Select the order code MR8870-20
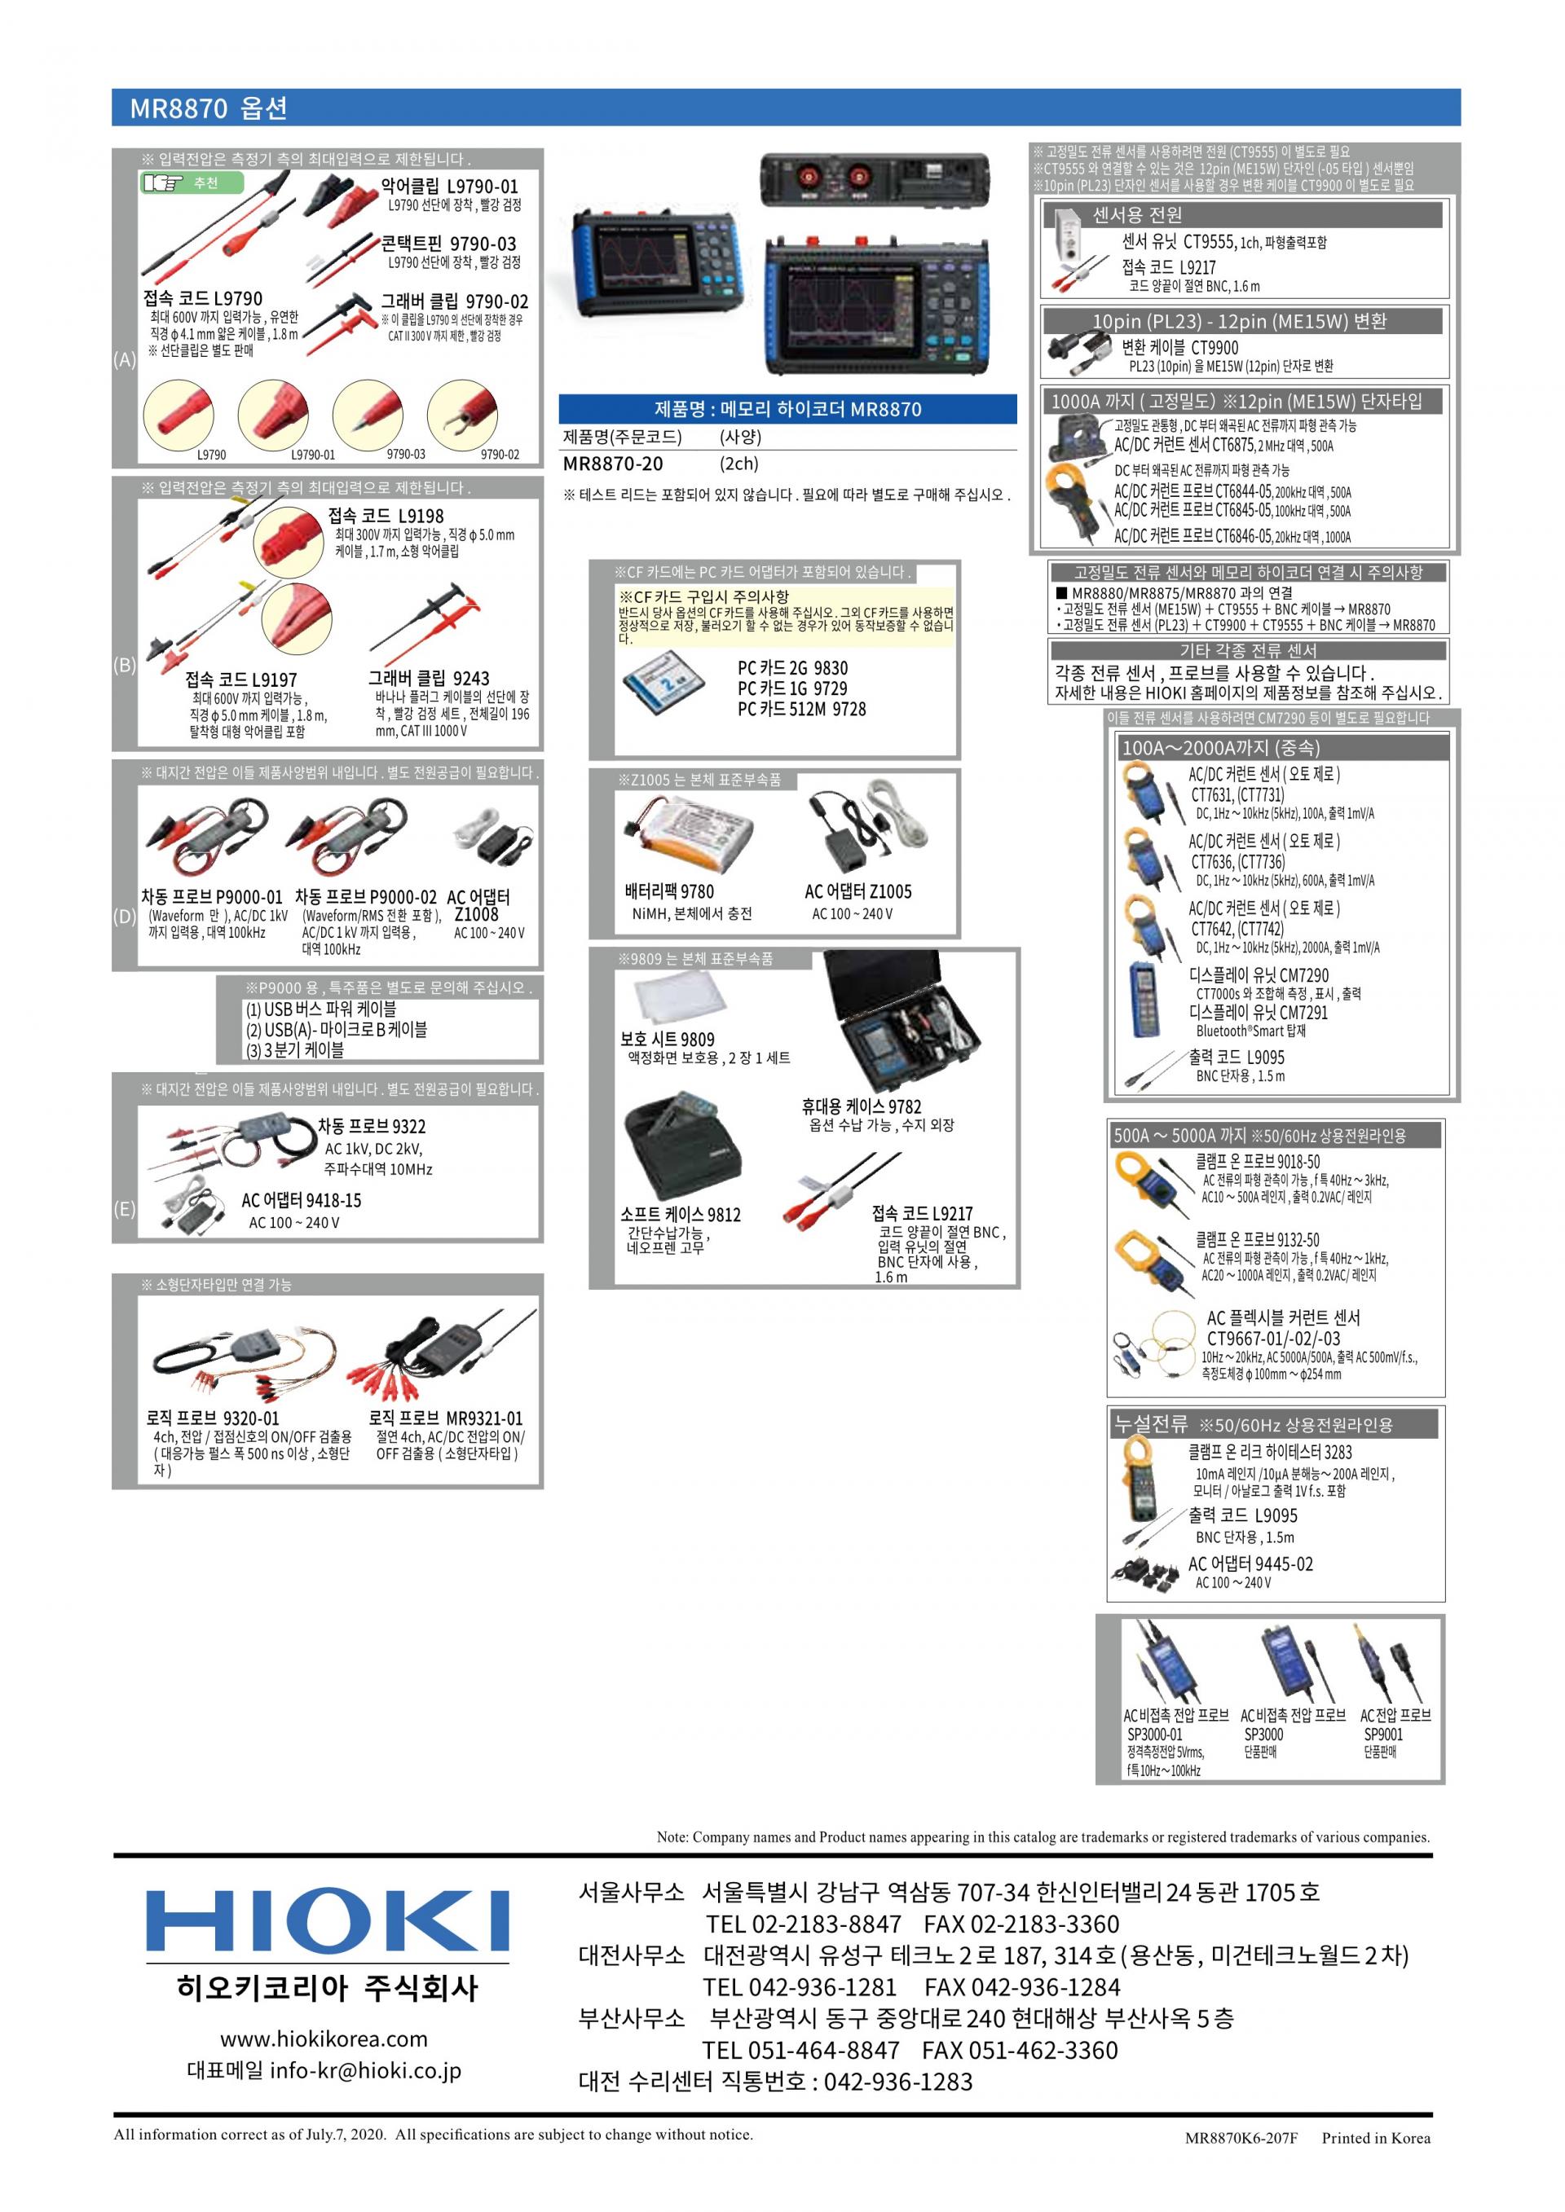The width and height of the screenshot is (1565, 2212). [613, 464]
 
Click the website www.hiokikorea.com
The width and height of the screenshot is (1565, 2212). [324, 2038]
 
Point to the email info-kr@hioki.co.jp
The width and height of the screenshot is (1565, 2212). [365, 2070]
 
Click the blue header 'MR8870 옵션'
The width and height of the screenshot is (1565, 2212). [208, 108]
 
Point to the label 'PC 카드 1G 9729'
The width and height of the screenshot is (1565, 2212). [792, 688]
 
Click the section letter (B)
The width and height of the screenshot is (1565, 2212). [125, 665]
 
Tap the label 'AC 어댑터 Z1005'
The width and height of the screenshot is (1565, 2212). [857, 891]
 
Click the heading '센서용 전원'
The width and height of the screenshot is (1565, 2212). [1137, 215]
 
